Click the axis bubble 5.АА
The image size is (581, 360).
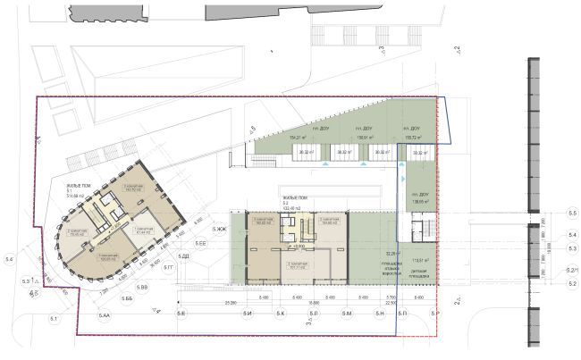click(104, 316)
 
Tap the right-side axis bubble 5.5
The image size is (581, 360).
click(573, 213)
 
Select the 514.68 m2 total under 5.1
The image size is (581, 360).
click(74, 196)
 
